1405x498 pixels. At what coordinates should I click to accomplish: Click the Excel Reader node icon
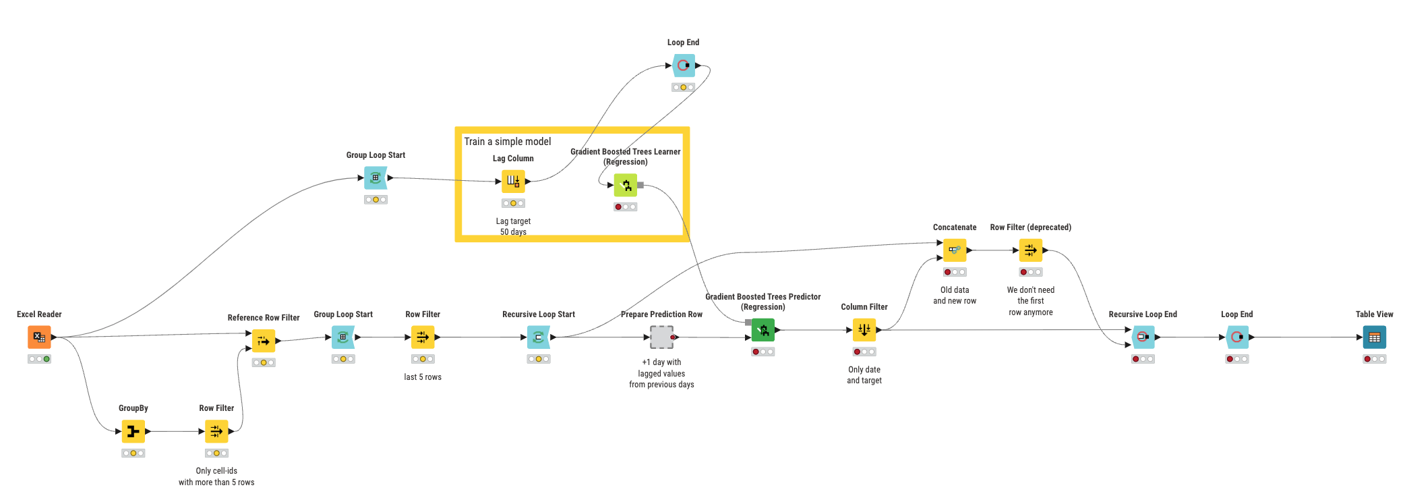click(x=39, y=337)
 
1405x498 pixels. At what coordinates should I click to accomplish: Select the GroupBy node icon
click(x=133, y=431)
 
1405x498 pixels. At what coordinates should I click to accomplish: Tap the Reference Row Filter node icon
click(x=264, y=341)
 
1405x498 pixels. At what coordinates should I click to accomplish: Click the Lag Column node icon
click(x=513, y=181)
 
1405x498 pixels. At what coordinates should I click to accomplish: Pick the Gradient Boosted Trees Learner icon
click(x=626, y=185)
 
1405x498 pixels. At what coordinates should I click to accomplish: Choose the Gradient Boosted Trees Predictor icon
click(x=763, y=330)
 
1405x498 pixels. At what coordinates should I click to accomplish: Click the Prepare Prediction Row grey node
click(x=662, y=337)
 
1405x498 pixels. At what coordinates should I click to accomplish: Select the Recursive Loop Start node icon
click(x=539, y=337)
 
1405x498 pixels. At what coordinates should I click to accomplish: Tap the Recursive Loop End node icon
click(x=1143, y=337)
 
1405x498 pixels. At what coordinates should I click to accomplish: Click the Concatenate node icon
click(x=955, y=250)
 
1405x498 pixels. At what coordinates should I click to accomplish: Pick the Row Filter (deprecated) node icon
click(x=1030, y=250)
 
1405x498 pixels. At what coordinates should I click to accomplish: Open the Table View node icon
click(x=1374, y=337)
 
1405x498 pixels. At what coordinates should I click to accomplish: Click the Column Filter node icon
click(x=864, y=330)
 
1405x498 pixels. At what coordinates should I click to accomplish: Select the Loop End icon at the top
click(x=684, y=65)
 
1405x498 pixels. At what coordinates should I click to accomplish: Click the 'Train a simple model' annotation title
click(x=508, y=142)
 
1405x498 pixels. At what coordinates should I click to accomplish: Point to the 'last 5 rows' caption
click(x=423, y=377)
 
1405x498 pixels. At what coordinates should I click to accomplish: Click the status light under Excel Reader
click(x=39, y=359)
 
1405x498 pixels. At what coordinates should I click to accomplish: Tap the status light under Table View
click(x=1374, y=359)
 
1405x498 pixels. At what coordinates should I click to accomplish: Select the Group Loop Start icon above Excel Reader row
click(x=376, y=177)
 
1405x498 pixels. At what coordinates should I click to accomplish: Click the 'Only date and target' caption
click(x=864, y=375)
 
